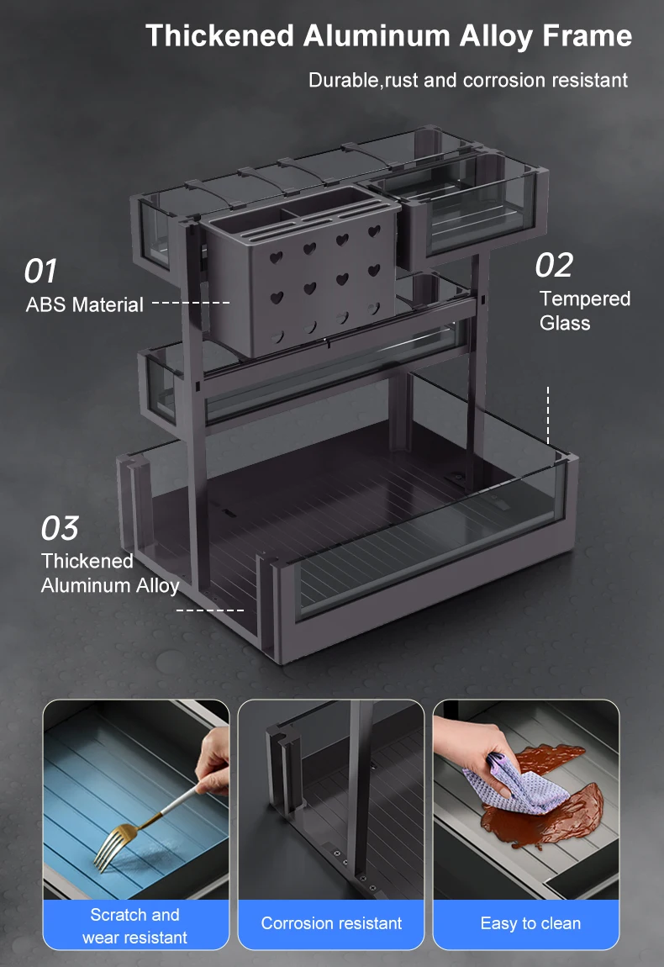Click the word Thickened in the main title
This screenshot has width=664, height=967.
[219, 36]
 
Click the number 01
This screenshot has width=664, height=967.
[40, 272]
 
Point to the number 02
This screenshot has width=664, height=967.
[554, 265]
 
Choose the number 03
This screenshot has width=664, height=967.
[60, 529]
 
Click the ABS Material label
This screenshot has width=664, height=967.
[84, 304]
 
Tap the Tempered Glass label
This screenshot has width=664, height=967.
[584, 311]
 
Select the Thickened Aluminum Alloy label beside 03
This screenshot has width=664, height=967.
[110, 573]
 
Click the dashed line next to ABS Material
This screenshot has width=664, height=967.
[191, 303]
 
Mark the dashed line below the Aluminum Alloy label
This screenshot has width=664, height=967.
[209, 610]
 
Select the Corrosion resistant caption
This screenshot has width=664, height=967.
[331, 923]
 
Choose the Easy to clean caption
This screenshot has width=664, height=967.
[530, 923]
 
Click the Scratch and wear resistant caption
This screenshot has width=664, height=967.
[135, 927]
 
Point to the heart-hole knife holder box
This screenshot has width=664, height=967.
[302, 272]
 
